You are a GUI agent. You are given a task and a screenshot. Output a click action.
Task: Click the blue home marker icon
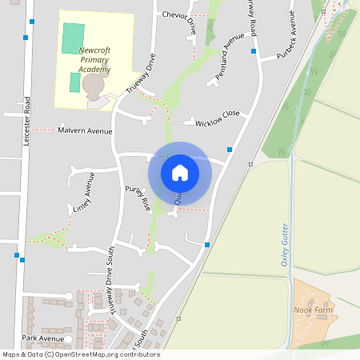180,172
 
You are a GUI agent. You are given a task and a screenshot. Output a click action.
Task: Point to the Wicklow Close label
218,118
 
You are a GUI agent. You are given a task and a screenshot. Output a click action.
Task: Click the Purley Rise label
137,198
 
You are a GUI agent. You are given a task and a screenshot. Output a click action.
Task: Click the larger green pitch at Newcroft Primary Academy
73,37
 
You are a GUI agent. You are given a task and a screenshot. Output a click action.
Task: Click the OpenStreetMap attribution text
80,354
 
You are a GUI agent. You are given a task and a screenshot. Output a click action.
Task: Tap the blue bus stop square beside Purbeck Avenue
254,50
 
